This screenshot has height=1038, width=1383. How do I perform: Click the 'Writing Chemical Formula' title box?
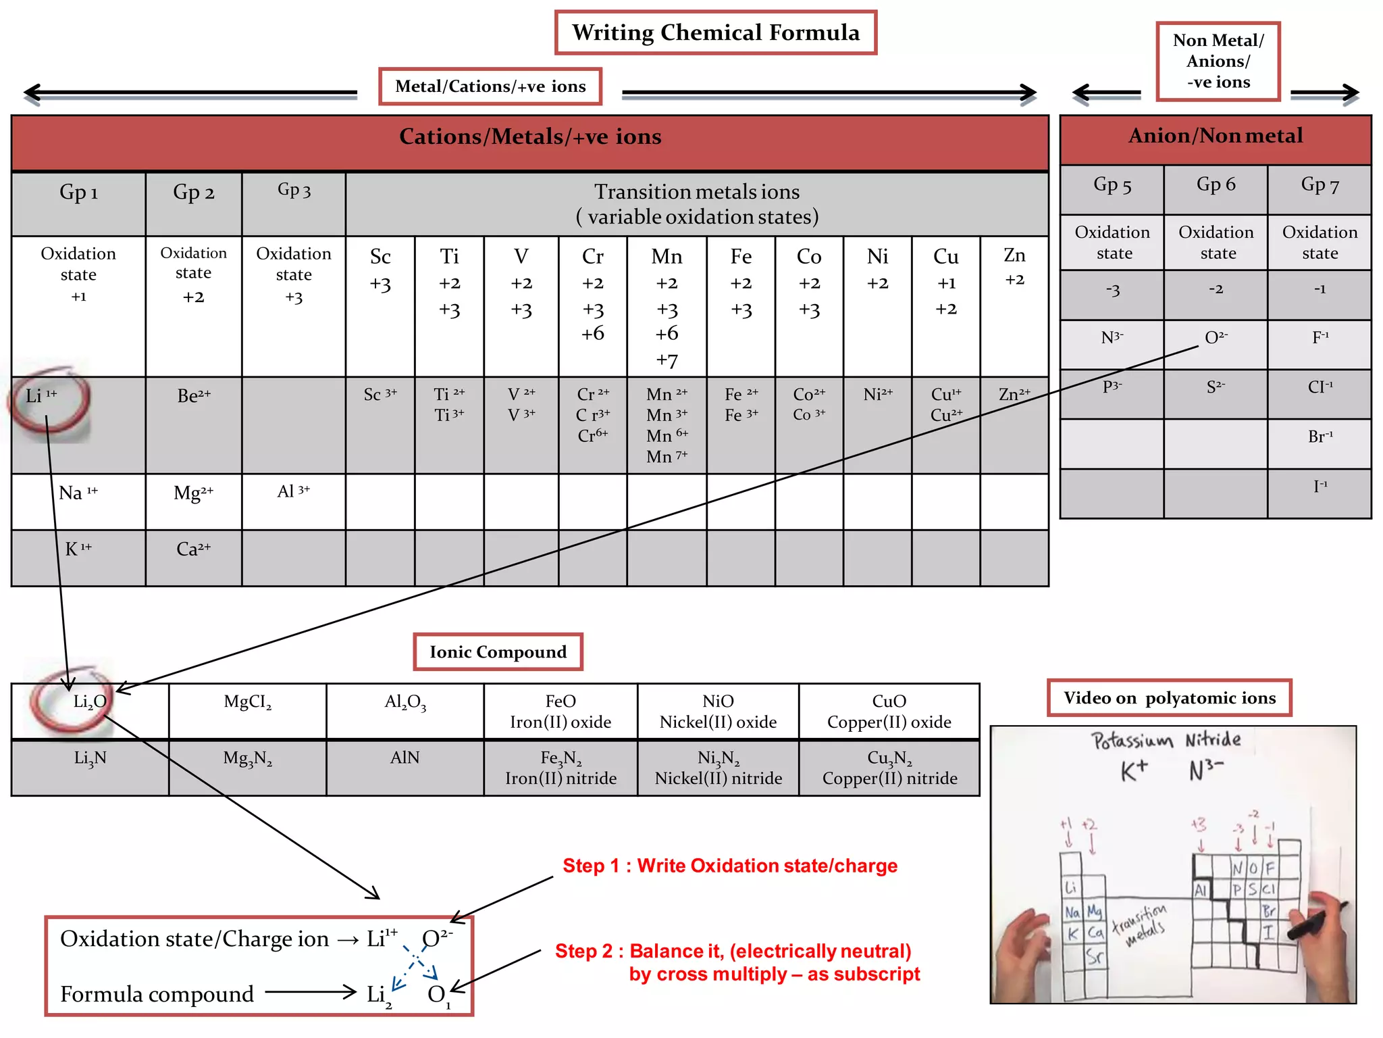coord(715,33)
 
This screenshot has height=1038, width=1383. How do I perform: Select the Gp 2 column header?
coord(193,193)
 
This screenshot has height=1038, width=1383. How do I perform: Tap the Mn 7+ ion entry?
coord(667,457)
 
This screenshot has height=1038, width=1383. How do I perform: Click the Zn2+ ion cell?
coord(1014,395)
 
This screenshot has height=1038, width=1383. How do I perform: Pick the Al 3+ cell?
coord(293,492)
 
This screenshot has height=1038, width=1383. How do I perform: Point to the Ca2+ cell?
coord(193,549)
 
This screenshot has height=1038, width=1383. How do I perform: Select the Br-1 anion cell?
coord(1320,437)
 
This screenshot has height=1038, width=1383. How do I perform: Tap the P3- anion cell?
coord(1112,387)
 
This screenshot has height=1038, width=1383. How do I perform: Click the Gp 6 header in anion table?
coord(1216,184)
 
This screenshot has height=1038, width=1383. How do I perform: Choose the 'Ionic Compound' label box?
coord(498,652)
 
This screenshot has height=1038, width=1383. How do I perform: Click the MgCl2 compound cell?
coord(247,703)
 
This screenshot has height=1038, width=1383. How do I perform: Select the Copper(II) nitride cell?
coord(889,768)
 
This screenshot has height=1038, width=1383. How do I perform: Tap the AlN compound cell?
coord(405,758)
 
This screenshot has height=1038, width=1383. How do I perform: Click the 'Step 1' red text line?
coord(729,866)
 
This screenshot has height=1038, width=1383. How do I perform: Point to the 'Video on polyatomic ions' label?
coord(1169,698)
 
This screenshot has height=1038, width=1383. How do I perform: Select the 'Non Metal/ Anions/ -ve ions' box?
coord(1218,61)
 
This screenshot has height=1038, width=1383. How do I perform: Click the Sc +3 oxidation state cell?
coord(380,270)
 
